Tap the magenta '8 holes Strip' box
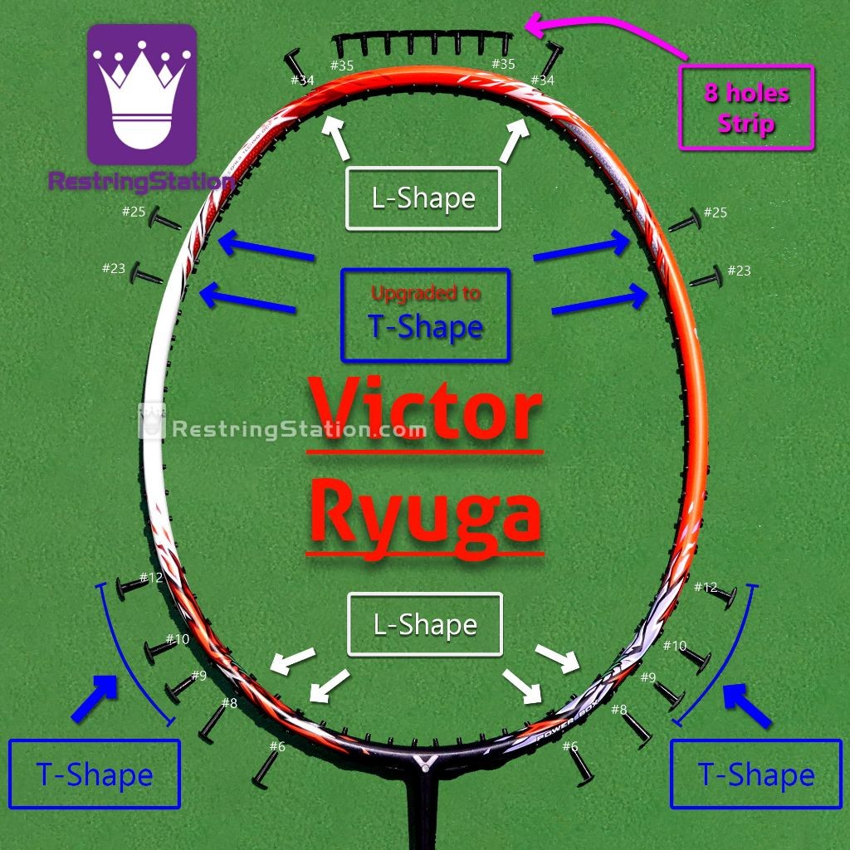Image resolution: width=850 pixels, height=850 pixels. click(x=746, y=108)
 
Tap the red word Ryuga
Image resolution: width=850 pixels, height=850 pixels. click(x=426, y=510)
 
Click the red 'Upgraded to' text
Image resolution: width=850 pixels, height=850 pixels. click(x=425, y=293)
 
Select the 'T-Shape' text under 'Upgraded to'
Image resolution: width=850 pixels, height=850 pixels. click(x=425, y=327)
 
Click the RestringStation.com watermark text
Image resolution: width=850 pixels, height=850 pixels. click(x=299, y=430)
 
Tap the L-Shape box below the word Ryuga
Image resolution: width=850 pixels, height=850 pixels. click(x=425, y=624)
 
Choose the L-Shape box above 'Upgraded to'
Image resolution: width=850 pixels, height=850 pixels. click(x=423, y=198)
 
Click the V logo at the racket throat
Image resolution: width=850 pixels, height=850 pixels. click(x=425, y=762)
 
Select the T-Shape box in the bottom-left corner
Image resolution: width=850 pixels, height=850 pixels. click(x=95, y=774)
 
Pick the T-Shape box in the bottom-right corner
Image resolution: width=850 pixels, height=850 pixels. click(x=756, y=774)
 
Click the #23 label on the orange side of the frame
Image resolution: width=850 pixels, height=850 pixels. click(x=738, y=271)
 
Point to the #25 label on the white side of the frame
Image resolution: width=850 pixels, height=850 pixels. click(x=134, y=212)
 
